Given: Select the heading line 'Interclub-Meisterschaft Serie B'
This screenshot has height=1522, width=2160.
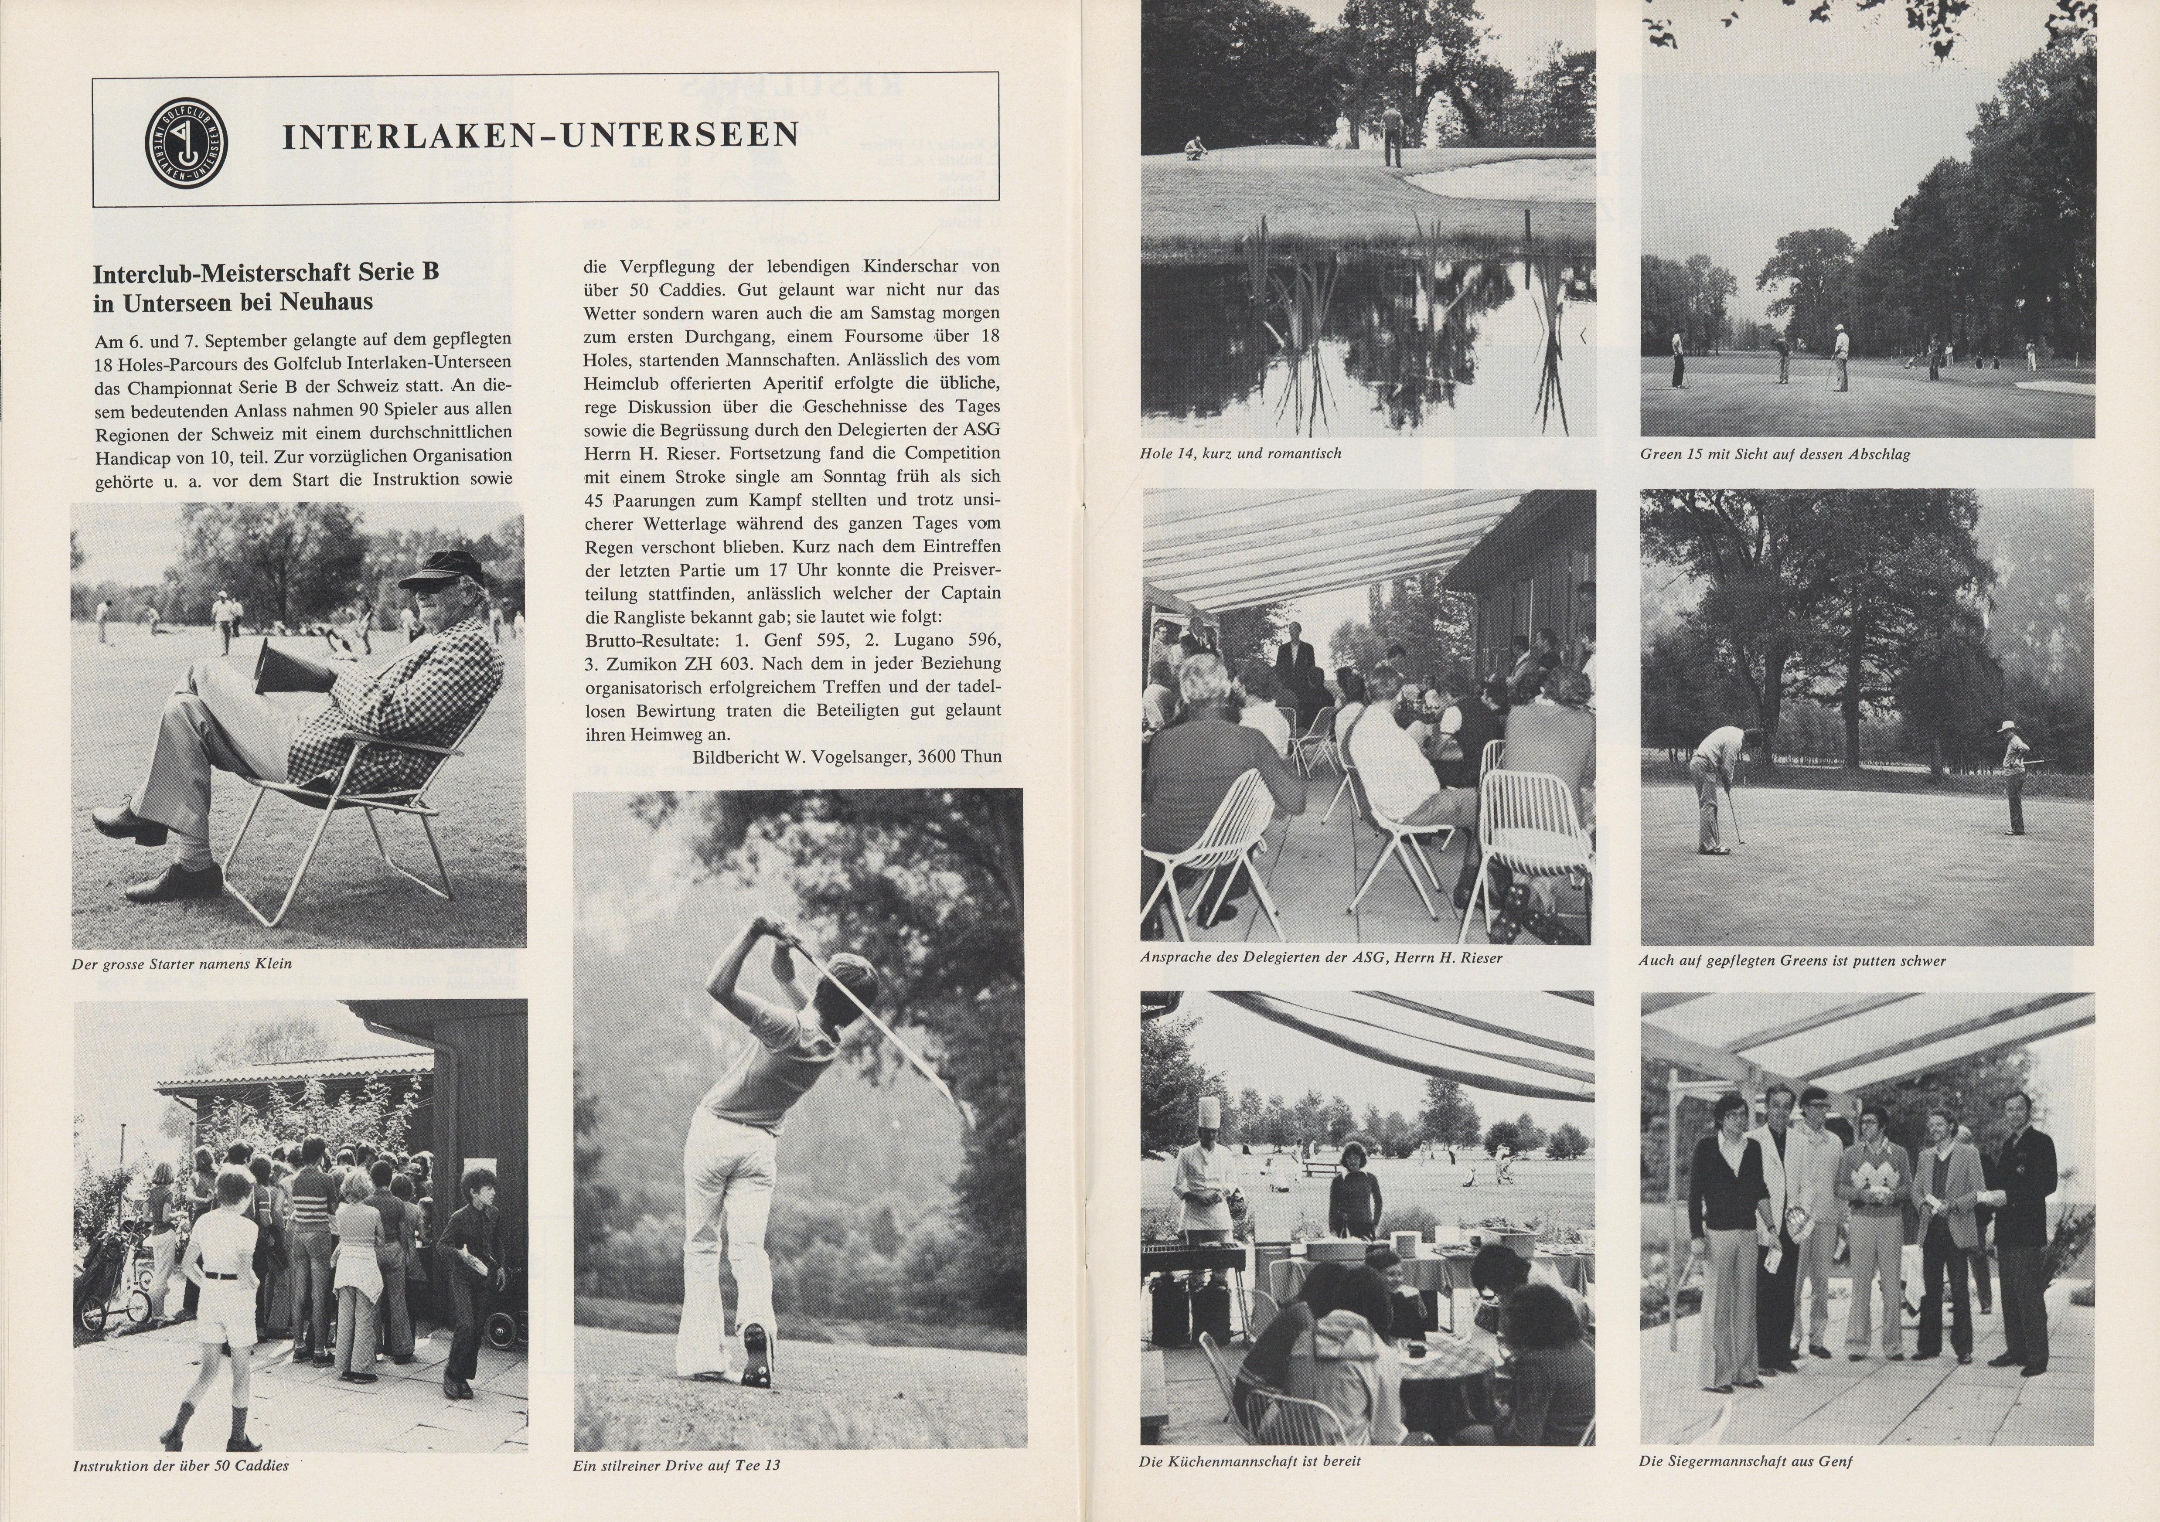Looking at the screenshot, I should tap(266, 273).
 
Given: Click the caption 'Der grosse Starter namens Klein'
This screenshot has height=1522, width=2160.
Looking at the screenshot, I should tap(181, 963).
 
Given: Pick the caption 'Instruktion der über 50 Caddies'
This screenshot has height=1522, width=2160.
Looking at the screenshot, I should tap(181, 1464).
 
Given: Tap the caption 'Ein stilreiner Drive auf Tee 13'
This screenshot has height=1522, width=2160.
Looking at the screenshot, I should tap(676, 1464).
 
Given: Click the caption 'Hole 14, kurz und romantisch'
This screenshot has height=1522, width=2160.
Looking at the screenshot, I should tap(1240, 453).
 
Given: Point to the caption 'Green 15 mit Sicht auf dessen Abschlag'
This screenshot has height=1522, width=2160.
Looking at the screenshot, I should tap(1774, 453).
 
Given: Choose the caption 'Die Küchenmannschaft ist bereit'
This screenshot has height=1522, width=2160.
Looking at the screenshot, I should tap(1249, 1461).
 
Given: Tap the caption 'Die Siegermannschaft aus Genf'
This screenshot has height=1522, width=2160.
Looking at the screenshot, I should tap(1745, 1461).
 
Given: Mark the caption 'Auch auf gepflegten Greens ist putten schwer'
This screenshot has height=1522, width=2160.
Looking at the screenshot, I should tap(1792, 960).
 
